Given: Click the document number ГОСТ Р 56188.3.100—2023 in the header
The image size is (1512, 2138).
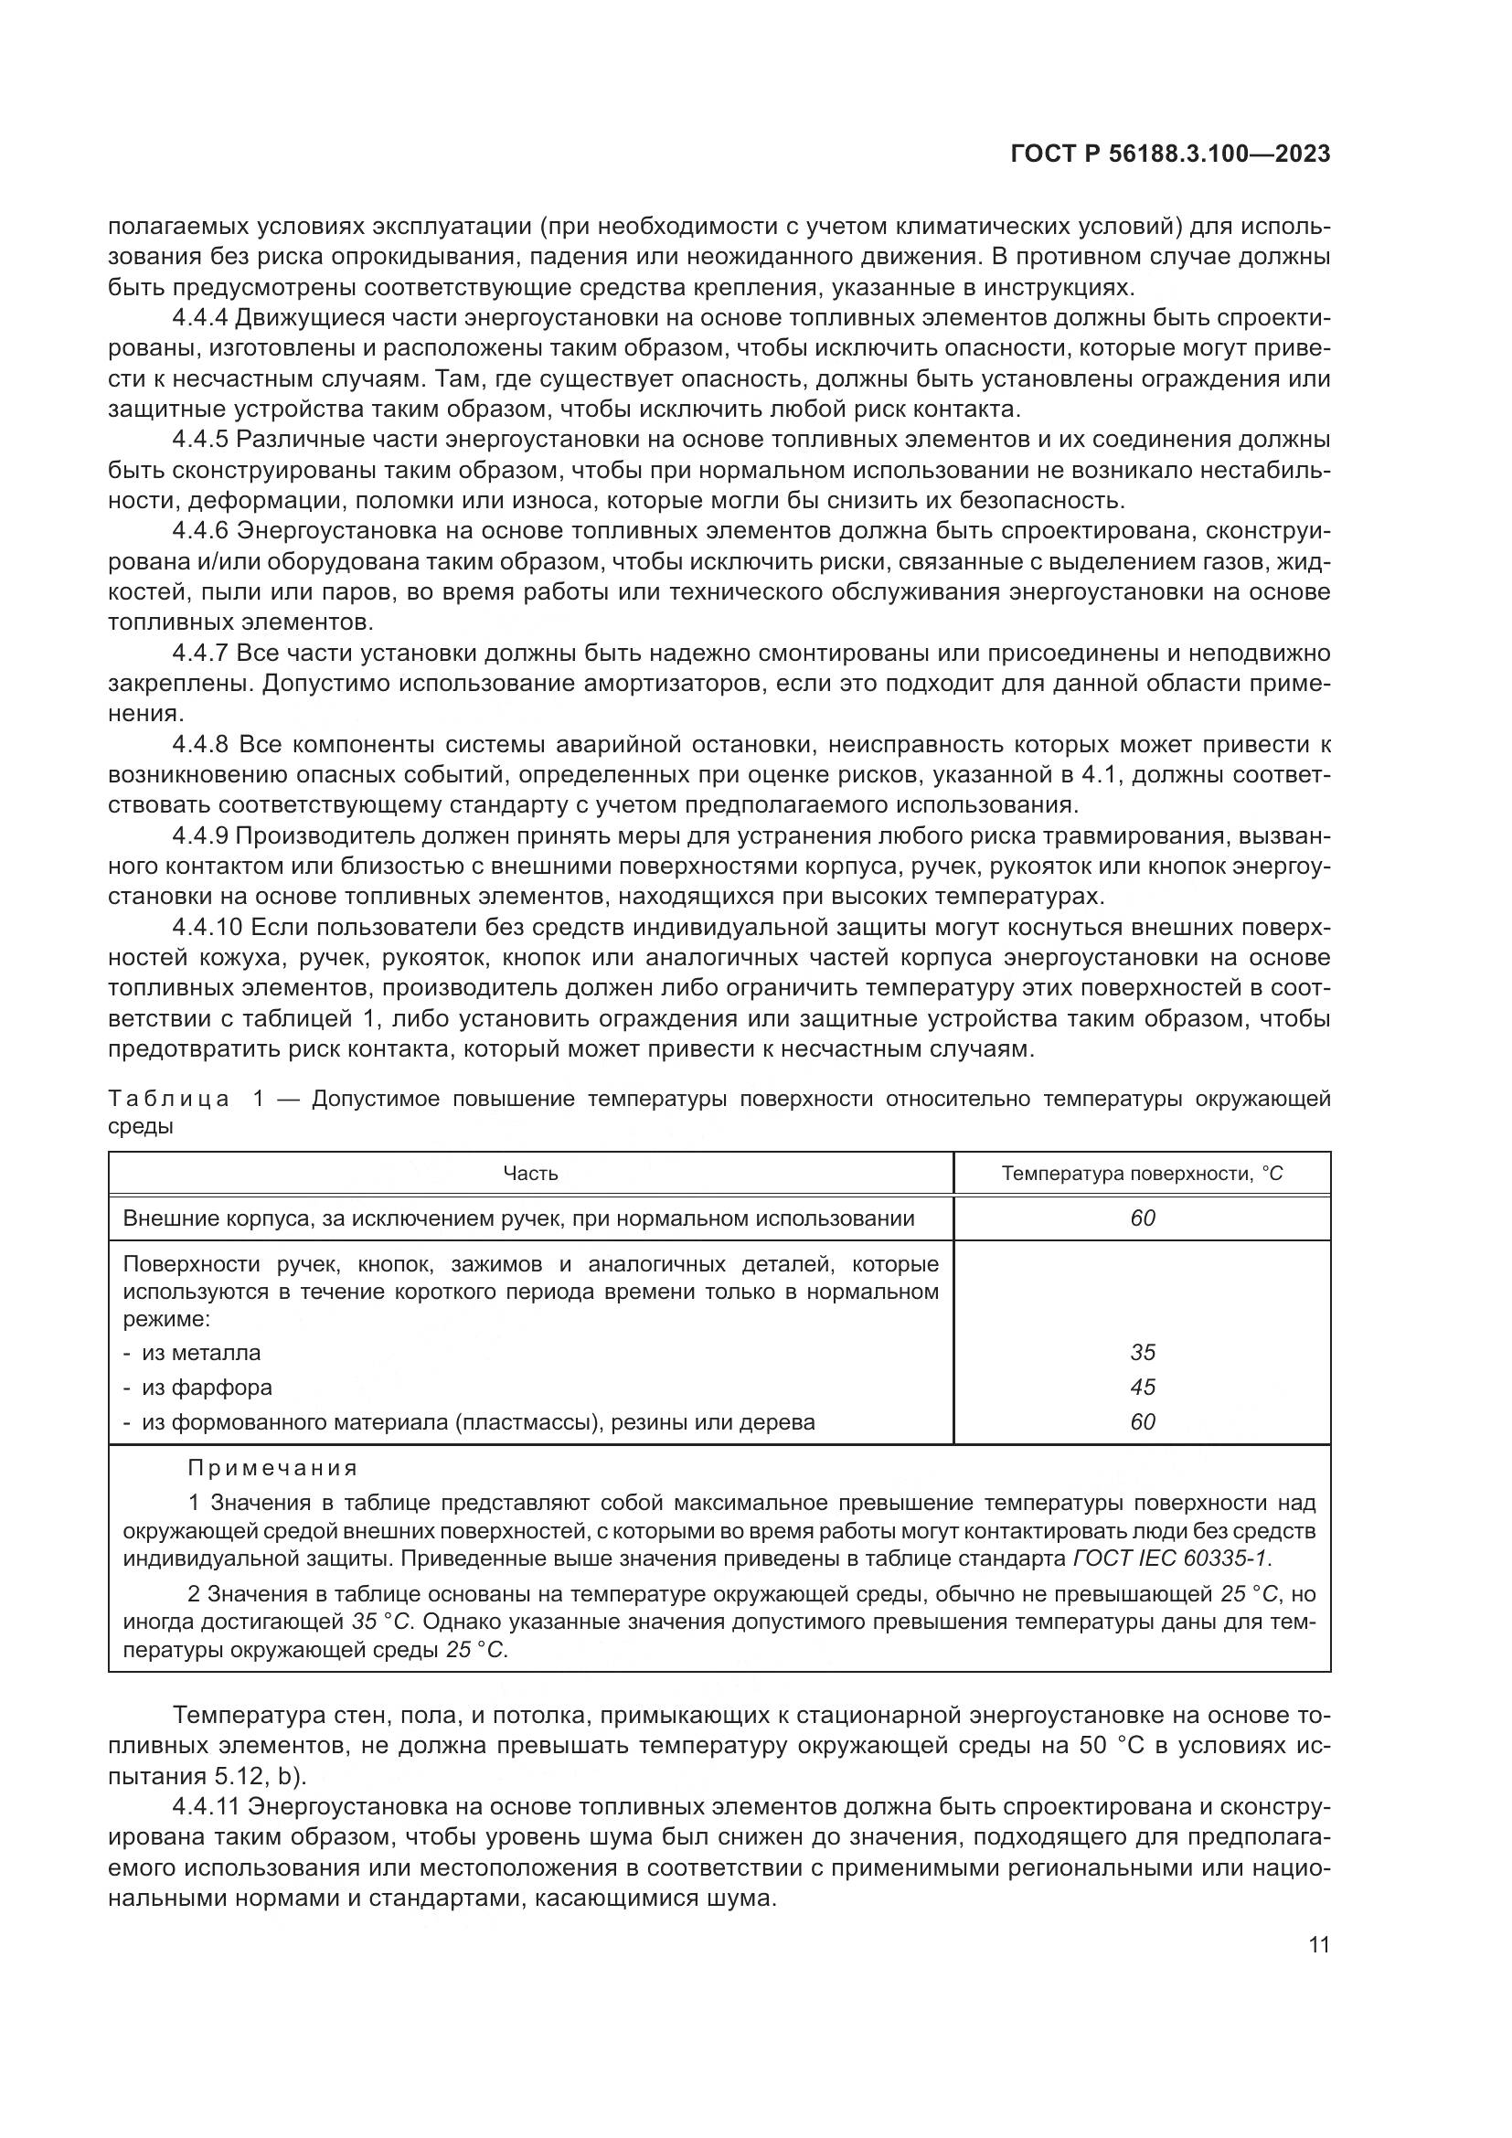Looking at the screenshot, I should pos(1170,154).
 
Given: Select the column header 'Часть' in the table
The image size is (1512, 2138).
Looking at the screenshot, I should pos(530,1174).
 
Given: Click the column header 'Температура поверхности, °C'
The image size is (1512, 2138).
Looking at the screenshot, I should pos(1142,1174).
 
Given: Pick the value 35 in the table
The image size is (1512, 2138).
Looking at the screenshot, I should pos(1143,1352).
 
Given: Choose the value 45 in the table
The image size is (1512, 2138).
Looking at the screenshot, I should pos(1143,1388).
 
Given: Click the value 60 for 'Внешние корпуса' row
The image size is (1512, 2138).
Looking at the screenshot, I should pos(1143,1218).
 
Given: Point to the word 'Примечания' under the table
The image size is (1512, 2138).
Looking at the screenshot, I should pos(272,1469).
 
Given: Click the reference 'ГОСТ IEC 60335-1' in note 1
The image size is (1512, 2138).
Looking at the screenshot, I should pos(1171,1558).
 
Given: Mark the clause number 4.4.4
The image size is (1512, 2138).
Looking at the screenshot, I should pos(200,318).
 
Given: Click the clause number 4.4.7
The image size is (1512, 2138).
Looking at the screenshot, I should pos(200,653).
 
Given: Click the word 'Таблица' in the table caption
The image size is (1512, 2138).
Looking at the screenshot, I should pos(168,1099).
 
